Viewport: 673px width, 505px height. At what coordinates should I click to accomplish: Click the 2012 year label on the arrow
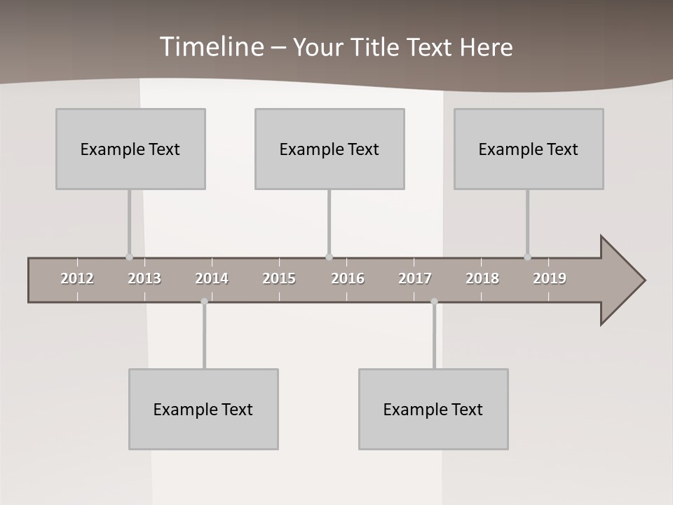[77, 278]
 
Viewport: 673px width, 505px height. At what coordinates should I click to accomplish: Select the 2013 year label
[144, 278]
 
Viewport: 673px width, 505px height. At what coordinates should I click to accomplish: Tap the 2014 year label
[212, 278]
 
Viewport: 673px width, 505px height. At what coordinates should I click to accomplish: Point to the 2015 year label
[279, 278]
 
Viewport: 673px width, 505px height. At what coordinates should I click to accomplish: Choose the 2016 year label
[348, 278]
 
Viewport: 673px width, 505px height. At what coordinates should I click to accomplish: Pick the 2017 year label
[415, 278]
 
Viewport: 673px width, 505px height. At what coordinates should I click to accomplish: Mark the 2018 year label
[482, 278]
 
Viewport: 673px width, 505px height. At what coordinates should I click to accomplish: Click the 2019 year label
[550, 278]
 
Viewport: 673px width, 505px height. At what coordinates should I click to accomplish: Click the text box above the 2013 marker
[130, 149]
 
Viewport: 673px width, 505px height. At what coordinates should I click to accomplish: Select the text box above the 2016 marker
[329, 149]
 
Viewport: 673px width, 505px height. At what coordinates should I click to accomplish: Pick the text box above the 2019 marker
[529, 149]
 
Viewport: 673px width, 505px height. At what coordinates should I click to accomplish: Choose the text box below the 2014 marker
[203, 409]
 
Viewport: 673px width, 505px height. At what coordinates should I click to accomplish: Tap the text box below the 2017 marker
[433, 409]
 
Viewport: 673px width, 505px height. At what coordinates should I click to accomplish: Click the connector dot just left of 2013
[129, 257]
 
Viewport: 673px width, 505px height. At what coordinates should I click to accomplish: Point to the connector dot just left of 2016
[329, 257]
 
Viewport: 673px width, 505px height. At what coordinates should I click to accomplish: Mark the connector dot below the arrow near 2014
[204, 302]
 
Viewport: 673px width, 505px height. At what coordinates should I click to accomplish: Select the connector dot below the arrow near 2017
[434, 302]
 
